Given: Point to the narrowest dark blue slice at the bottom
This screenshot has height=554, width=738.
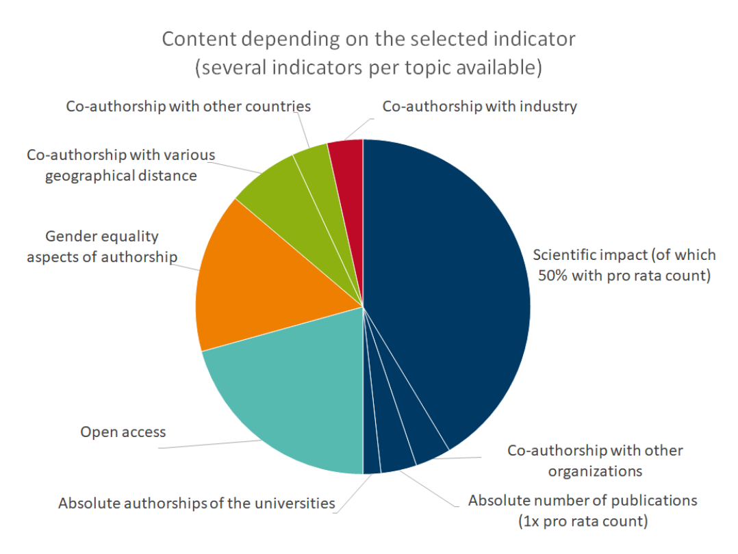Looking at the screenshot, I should point(372,458).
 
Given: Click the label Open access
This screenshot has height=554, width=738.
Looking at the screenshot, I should point(123,432).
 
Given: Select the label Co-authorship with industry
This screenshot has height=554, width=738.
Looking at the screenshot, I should point(479,106).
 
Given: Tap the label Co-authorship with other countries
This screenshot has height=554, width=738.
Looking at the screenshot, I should point(188,106).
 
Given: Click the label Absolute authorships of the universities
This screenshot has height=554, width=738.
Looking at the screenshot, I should point(196,504).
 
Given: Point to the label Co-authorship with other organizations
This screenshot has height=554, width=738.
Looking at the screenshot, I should point(594,461).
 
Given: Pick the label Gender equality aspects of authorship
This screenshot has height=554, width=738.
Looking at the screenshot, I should point(102,246).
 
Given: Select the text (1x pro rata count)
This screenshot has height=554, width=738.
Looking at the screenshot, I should point(582,521).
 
